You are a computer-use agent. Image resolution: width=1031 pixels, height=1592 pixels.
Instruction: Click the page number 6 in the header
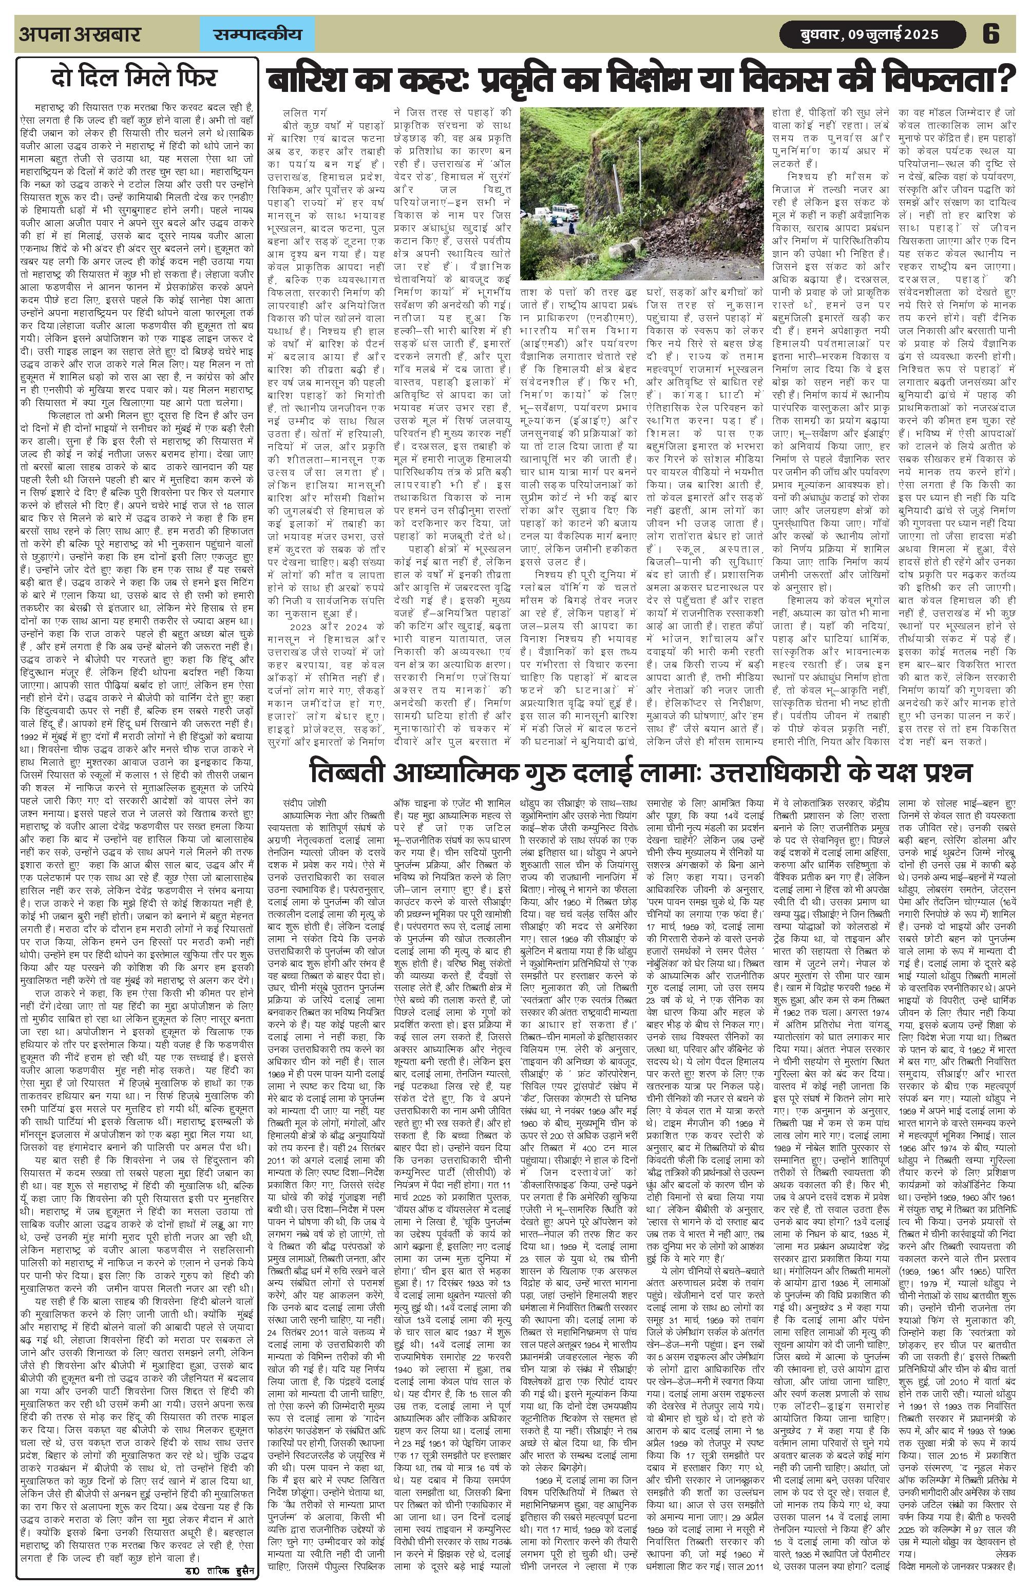click(x=990, y=34)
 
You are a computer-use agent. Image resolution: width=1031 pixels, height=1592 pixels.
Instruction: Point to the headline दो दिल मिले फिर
click(x=135, y=78)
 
